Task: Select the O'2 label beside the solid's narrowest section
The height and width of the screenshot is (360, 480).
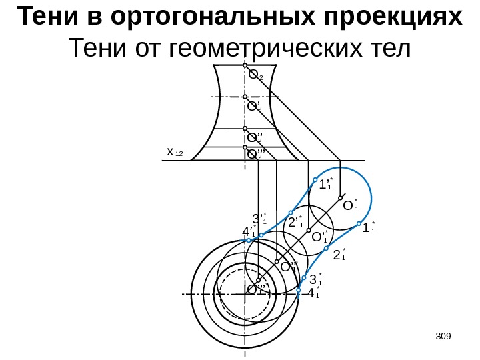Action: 255,105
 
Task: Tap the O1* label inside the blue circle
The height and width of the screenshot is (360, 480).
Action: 350,206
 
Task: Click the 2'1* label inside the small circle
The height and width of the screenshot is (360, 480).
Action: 295,221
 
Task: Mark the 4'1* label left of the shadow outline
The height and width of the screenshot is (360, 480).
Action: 249,232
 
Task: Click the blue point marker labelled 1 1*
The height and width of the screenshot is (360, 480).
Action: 359,224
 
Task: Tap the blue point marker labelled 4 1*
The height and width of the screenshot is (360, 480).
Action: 299,289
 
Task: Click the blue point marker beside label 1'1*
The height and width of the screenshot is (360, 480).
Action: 316,179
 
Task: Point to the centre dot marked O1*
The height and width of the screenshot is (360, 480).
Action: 341,198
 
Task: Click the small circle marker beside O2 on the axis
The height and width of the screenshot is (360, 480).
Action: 245,67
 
